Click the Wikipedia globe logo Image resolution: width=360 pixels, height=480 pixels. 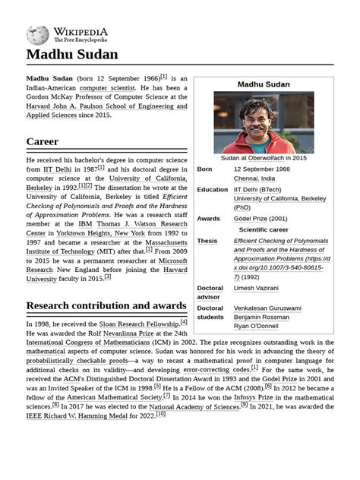click(x=37, y=35)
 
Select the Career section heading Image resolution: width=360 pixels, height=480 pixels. click(x=43, y=141)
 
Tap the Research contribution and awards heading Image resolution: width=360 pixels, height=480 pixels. click(x=106, y=305)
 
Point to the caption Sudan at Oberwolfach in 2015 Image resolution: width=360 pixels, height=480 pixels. click(x=264, y=158)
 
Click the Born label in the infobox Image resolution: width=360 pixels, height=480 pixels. click(x=205, y=169)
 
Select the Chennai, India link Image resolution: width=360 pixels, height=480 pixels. click(x=254, y=178)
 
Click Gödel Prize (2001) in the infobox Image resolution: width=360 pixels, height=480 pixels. click(x=261, y=219)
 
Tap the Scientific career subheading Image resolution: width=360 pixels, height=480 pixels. click(x=264, y=229)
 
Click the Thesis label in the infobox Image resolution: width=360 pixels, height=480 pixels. click(x=207, y=241)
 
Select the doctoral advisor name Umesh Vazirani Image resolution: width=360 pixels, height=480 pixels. click(x=256, y=289)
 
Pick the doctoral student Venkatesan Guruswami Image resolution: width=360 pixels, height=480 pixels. click(x=267, y=308)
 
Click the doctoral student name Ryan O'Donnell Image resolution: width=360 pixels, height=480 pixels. click(x=257, y=326)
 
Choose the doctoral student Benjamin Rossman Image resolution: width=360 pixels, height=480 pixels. click(x=261, y=317)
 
